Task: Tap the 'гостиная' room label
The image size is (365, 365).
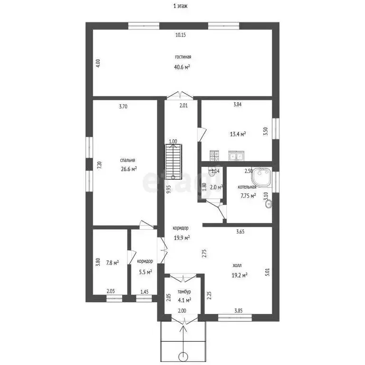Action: click(182, 57)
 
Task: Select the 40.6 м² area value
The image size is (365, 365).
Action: click(182, 67)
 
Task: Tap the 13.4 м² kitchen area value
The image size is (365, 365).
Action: click(238, 134)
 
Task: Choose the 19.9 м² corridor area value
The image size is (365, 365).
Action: click(182, 238)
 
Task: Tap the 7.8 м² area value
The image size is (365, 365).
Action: click(112, 262)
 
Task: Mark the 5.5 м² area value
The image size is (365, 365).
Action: click(145, 272)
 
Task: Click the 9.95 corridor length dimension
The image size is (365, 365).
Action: click(169, 190)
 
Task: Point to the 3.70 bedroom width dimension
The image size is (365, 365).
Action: click(123, 106)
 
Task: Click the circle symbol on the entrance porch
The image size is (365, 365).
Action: click(183, 356)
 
